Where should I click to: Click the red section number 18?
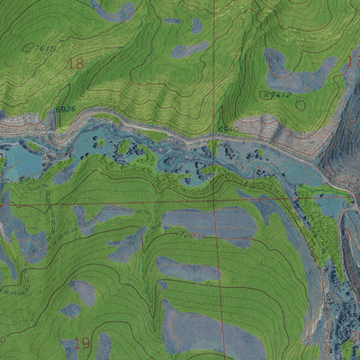click(75, 63)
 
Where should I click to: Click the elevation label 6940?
click(228, 130)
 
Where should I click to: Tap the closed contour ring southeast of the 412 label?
click(300, 104)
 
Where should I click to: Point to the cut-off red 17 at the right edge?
click(354, 61)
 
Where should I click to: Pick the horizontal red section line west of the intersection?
click(108, 204)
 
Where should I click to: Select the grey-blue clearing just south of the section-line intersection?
click(207, 223)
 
